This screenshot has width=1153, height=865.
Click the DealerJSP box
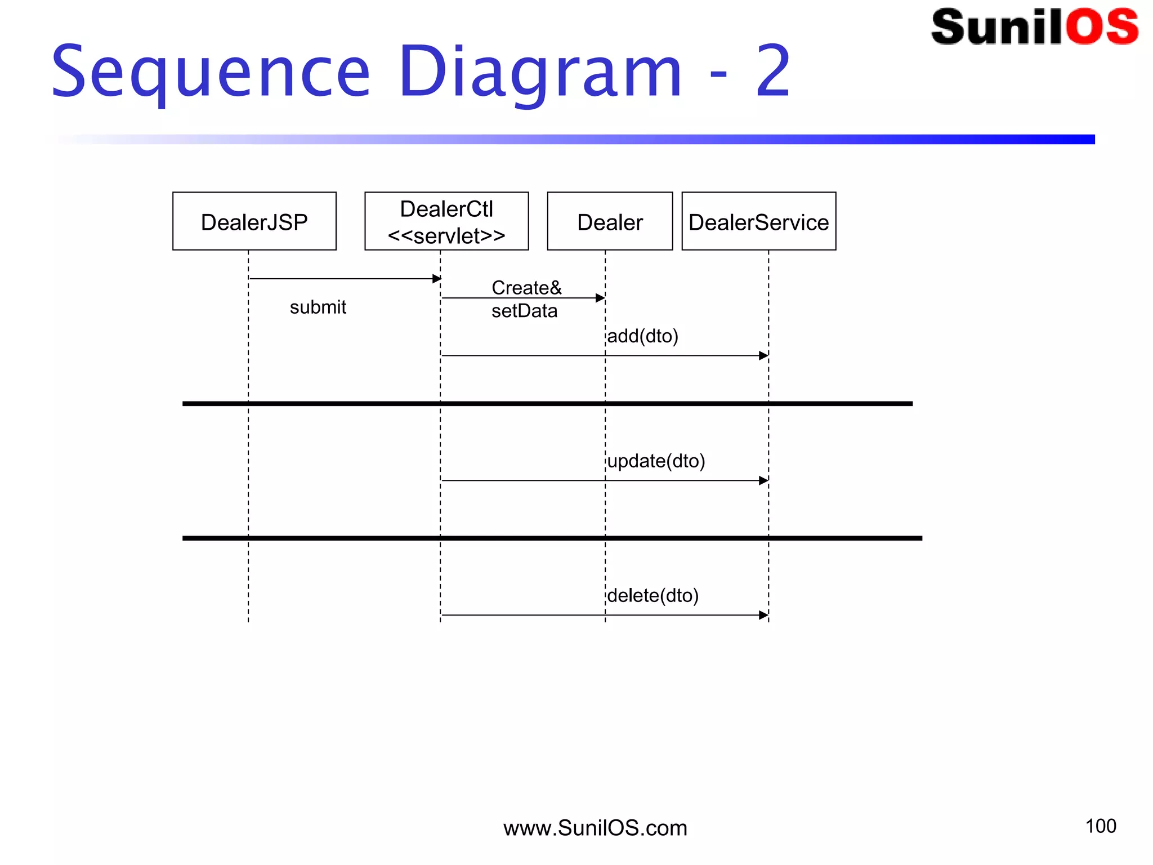[254, 221]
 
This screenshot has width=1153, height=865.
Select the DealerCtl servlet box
[446, 221]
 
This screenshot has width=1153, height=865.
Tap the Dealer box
[610, 221]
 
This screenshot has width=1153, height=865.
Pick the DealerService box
[758, 221]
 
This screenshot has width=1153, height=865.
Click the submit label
[318, 307]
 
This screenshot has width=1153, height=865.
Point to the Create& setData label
[525, 299]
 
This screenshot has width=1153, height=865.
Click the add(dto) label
[642, 336]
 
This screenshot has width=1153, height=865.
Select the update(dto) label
[656, 461]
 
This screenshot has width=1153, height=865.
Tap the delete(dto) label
[653, 596]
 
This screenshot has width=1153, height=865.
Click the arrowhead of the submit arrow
[436, 279]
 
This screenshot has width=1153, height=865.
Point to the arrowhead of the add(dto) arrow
[763, 356]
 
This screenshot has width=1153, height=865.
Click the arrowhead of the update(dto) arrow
[763, 481]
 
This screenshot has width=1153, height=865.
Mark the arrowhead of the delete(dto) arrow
[763, 616]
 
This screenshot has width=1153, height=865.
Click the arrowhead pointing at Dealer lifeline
[600, 298]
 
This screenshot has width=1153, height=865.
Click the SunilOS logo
[1034, 26]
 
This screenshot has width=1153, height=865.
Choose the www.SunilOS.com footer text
[595, 828]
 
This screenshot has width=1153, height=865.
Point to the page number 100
[1100, 826]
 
